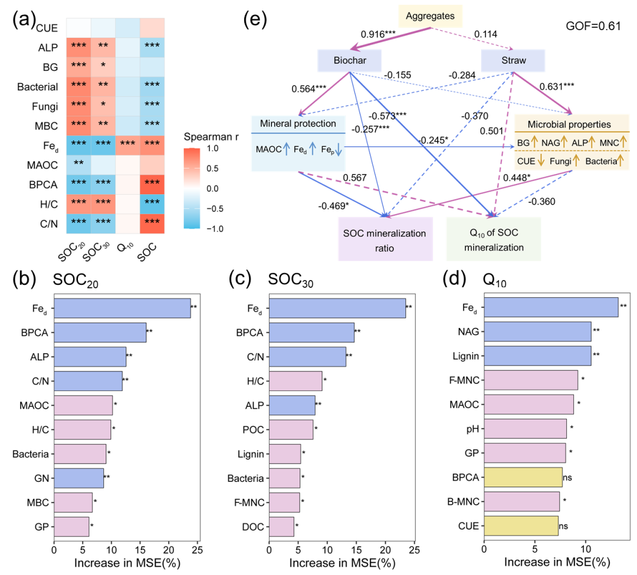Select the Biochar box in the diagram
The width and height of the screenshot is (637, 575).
(350, 60)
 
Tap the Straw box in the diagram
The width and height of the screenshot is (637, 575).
(511, 60)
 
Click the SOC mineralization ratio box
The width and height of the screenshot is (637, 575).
(385, 240)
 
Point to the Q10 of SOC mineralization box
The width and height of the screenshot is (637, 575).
(493, 240)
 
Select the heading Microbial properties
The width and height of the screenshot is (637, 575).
(569, 124)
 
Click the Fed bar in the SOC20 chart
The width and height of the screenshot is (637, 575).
(122, 308)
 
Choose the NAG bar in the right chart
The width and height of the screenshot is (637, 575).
(537, 331)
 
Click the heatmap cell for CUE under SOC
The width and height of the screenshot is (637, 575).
(152, 28)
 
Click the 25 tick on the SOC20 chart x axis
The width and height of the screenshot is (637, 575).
(197, 546)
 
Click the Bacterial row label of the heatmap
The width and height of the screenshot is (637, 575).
(38, 87)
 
